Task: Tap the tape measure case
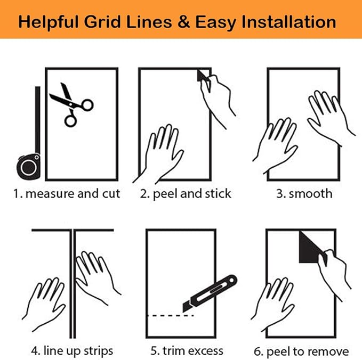point(29,167)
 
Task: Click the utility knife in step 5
point(210,293)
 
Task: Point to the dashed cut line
point(171,315)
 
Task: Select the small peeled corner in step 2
point(202,76)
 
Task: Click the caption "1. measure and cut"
point(67,194)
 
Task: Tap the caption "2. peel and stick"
point(186,194)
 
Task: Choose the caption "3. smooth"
point(304,194)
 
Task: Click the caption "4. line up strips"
point(72,351)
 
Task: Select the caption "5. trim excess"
point(187,351)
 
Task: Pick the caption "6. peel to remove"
point(301,351)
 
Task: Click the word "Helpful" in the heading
point(49,22)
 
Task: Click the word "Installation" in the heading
point(288,22)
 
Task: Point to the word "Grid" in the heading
point(102,22)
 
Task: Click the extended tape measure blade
point(38,120)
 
